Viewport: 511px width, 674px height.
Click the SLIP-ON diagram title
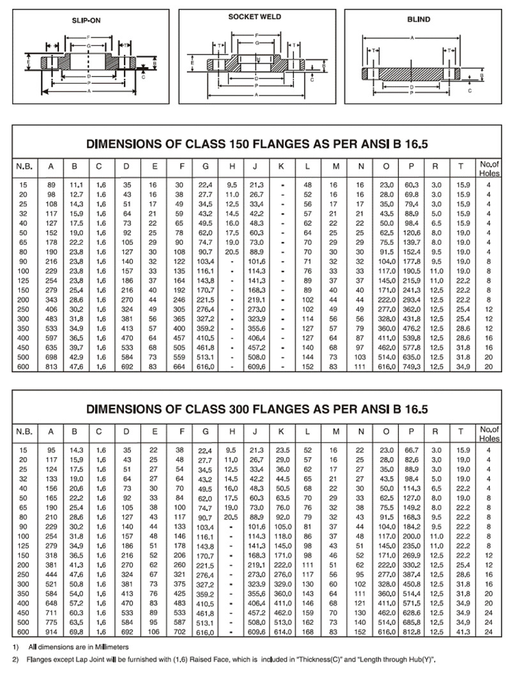tap(86, 20)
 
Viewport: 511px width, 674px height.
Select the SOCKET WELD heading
tap(255, 17)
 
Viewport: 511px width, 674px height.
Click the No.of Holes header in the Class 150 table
tap(488, 167)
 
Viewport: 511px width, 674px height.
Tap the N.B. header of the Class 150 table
tap(24, 167)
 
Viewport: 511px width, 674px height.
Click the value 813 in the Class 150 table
tap(50, 366)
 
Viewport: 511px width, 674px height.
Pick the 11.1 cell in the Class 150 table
tap(74, 184)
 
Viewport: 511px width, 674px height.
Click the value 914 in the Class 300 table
tap(50, 632)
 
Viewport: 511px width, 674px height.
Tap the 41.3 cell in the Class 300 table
tap(461, 632)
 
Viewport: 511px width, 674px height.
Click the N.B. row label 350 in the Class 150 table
tap(24, 327)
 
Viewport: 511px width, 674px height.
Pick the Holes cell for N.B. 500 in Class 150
tap(488, 356)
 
